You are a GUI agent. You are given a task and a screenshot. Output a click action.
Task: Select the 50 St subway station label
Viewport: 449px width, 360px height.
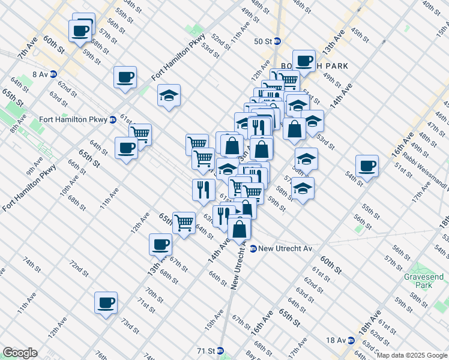[x=268, y=41]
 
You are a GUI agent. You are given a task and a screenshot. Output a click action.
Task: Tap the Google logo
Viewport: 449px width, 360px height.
[x=20, y=353]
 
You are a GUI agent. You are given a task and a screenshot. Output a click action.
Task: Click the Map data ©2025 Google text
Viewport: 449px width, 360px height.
[x=412, y=355]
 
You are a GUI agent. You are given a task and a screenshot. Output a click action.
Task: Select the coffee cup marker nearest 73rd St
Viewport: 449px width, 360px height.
[x=106, y=302]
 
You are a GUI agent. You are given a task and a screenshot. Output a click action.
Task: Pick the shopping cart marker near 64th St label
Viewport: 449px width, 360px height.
[x=184, y=222]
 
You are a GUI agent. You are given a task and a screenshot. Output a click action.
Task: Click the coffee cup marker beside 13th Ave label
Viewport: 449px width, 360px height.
[x=160, y=244]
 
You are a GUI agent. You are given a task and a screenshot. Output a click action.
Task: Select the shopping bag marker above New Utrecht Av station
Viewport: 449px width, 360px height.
[x=239, y=228]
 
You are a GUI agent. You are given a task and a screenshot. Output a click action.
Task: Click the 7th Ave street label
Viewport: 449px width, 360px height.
[x=27, y=49]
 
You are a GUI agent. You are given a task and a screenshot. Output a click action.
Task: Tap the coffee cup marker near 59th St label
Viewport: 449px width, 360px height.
[x=80, y=30]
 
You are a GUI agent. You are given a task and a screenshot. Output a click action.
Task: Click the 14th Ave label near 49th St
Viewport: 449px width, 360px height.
[x=340, y=95]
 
